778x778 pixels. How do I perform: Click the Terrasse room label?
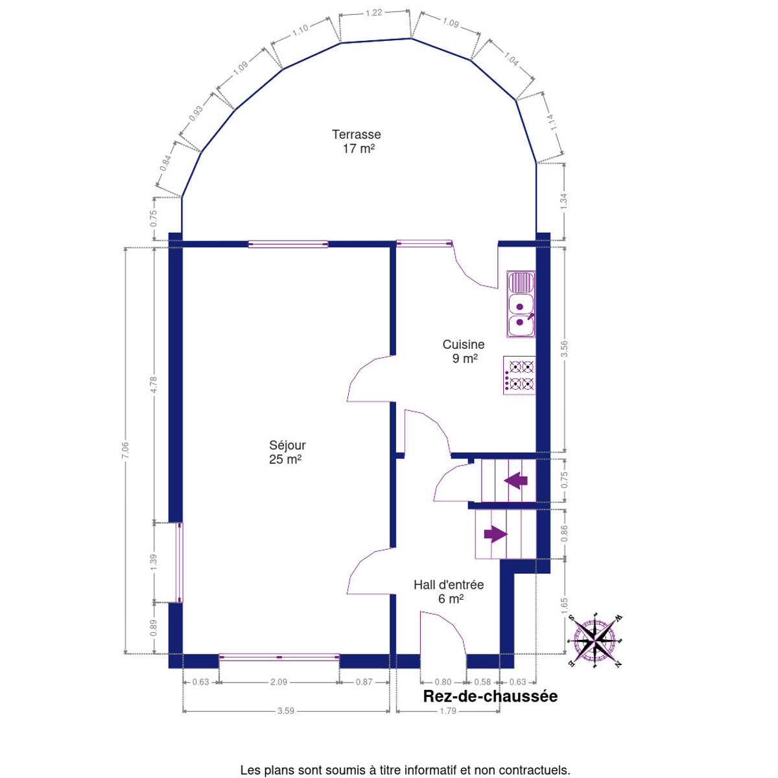point(356,141)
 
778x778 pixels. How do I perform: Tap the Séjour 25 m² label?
point(287,452)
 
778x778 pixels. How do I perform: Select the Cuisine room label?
point(464,351)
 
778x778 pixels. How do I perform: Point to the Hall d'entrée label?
point(449,591)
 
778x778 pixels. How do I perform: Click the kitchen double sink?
point(521,304)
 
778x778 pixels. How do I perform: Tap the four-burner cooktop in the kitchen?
point(519,375)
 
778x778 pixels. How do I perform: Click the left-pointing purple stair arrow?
point(515,480)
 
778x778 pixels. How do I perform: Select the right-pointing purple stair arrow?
point(495,534)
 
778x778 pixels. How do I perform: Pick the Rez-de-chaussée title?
point(490,696)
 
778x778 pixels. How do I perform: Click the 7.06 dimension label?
point(124,450)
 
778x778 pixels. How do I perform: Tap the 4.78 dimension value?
point(153,384)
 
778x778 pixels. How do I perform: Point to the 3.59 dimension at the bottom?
point(285,722)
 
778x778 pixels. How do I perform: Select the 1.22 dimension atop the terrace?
point(373,13)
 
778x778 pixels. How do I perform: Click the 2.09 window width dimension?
point(279,682)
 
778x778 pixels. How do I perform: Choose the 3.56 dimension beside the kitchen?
point(564,349)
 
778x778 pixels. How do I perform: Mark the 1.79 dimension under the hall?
point(448,722)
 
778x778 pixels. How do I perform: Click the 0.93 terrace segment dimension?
point(196,113)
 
